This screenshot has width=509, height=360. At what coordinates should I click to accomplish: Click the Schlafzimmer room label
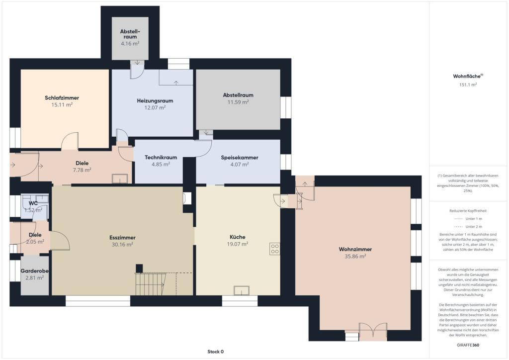tap(62, 98)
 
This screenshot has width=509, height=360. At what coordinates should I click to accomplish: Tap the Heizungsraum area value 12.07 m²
tap(155, 107)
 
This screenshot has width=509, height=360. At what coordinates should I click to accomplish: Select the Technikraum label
tap(161, 158)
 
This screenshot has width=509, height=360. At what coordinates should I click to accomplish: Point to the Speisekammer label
tap(240, 158)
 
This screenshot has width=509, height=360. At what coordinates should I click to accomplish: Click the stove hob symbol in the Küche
tap(274, 249)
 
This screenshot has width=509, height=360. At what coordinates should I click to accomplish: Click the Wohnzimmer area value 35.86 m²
tap(355, 257)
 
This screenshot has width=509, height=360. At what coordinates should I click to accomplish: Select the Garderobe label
tap(35, 270)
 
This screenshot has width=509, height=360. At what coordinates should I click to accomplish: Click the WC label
tap(33, 203)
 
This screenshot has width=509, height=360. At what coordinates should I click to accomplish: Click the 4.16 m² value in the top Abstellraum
tap(130, 43)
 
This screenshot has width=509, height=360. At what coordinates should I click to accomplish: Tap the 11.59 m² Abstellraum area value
tap(238, 102)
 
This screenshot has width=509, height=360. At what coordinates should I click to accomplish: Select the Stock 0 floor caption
tap(216, 352)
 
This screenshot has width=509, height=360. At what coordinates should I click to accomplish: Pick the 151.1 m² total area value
tap(468, 85)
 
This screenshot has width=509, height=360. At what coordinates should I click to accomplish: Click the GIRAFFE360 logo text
tap(468, 345)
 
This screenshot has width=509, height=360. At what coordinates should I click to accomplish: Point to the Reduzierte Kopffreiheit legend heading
tap(468, 211)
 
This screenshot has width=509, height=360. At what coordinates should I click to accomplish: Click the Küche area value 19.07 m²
tap(238, 244)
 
